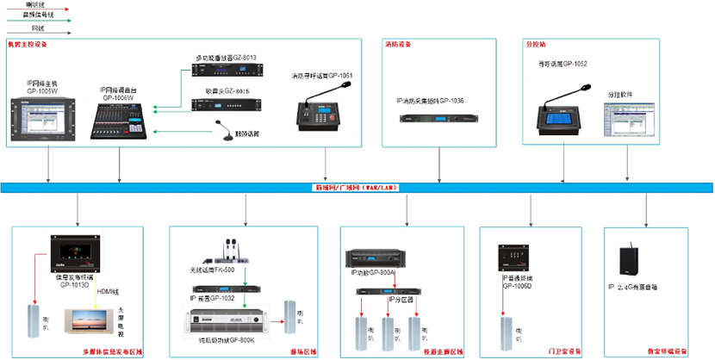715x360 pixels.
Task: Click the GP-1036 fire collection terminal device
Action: pyautogui.click(x=430, y=118)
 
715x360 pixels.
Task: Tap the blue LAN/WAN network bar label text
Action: pyautogui.click(x=357, y=187)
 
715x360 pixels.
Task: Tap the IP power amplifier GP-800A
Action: pyautogui.click(x=370, y=258)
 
